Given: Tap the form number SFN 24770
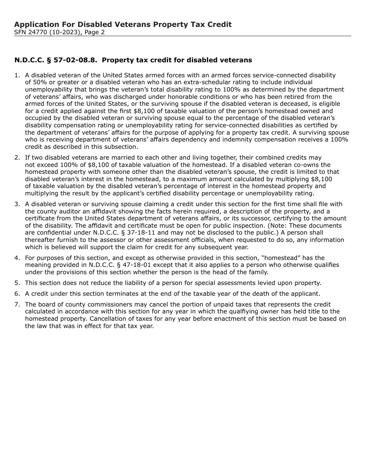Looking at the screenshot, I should coord(30,32).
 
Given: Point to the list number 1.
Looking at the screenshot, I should coord(17,75).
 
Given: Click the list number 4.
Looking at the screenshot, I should coord(17,258).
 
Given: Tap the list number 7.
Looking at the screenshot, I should coord(17,305).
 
